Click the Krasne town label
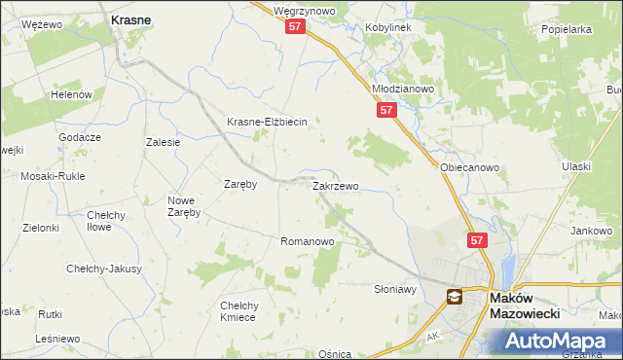[x=130, y=19]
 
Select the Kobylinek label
[x=388, y=28]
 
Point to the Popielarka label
[x=567, y=29]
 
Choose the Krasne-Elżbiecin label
[x=267, y=122]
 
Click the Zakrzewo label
[x=335, y=185]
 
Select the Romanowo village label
[x=308, y=240]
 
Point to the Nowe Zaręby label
[x=183, y=205]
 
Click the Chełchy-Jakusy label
[x=104, y=269]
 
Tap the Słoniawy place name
[x=395, y=289]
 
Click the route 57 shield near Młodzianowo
[x=386, y=112]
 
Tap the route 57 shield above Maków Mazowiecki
[x=476, y=240]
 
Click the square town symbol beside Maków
[x=454, y=297]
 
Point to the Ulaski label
[x=576, y=166]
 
